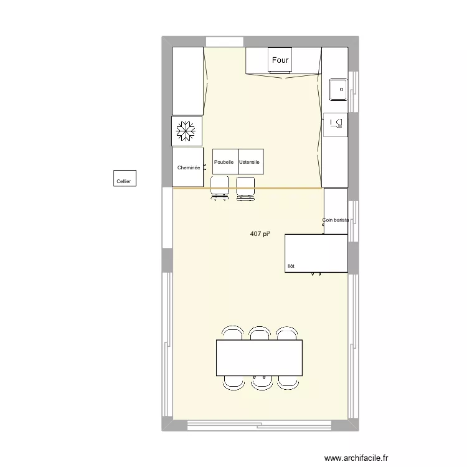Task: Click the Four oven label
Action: click(x=280, y=60)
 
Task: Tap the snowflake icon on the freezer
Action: click(x=187, y=131)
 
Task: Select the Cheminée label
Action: click(x=188, y=167)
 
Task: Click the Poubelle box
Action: click(x=224, y=162)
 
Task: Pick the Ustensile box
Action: click(x=250, y=162)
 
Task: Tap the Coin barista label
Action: click(x=335, y=220)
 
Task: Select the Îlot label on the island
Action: click(x=291, y=266)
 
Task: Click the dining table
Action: click(x=259, y=357)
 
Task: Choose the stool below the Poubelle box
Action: click(x=220, y=188)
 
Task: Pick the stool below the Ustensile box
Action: click(x=246, y=188)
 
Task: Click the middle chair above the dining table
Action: click(x=259, y=333)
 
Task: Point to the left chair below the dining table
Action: click(x=233, y=382)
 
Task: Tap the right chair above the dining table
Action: click(x=286, y=333)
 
